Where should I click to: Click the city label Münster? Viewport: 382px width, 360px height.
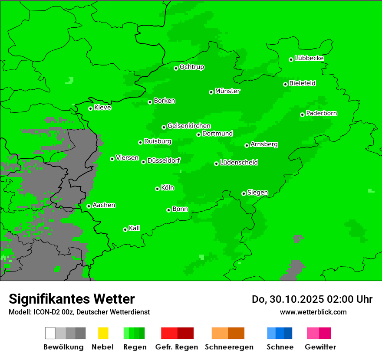(x=227, y=91)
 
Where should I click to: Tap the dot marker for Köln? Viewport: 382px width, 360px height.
(x=157, y=189)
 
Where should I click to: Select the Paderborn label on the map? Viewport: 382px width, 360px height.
(x=321, y=113)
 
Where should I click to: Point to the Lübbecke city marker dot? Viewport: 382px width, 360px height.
(x=291, y=59)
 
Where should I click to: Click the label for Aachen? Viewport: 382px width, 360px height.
(x=104, y=205)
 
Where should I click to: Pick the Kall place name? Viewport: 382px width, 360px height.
(x=135, y=228)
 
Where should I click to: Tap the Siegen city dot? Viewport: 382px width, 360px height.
(x=244, y=193)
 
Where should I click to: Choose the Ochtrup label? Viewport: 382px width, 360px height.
(x=192, y=67)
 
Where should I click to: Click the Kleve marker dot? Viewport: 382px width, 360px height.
(x=90, y=108)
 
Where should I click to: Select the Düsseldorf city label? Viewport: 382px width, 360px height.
(x=164, y=160)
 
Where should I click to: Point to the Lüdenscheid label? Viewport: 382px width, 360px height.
(x=239, y=163)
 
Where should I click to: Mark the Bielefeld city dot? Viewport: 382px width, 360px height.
(x=285, y=84)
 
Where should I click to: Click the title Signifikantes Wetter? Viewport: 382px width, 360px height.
(x=72, y=299)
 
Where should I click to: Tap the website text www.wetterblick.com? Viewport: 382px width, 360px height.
(x=313, y=312)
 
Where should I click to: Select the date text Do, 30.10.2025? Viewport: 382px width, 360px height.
(x=288, y=299)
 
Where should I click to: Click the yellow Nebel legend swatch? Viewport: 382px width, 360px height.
(x=103, y=333)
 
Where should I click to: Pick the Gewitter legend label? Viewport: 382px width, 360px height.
(x=320, y=347)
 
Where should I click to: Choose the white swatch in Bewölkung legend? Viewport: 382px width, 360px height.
(x=50, y=333)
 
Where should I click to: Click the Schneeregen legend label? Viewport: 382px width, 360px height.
(x=229, y=347)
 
